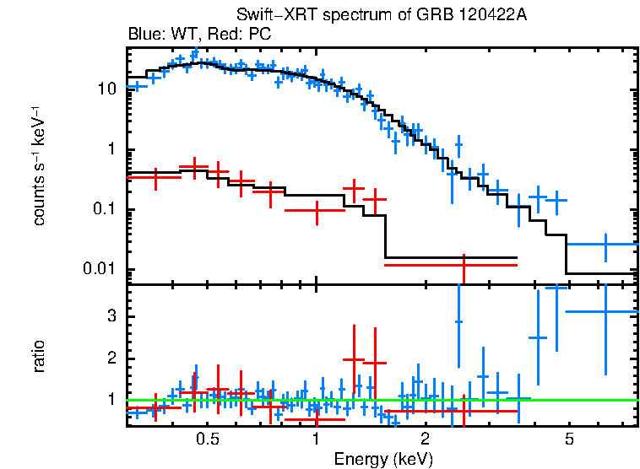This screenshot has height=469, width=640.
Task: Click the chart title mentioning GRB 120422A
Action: [x=382, y=16]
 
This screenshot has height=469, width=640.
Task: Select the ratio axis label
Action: [x=39, y=356]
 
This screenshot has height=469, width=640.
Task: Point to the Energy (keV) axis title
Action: [x=383, y=459]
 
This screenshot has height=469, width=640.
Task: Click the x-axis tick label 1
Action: [x=316, y=440]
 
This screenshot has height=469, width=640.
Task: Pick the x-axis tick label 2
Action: [x=425, y=440]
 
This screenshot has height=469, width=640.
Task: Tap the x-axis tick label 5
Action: [x=569, y=440]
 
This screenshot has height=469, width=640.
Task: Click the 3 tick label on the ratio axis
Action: [x=113, y=315]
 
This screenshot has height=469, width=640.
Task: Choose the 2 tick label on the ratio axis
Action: [x=113, y=358]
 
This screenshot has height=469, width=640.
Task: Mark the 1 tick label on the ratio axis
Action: [x=113, y=400]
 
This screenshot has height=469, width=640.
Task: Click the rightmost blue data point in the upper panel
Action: [x=605, y=245]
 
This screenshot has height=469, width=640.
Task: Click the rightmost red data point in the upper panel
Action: [x=463, y=265]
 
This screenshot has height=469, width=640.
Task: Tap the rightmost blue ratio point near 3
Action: [x=605, y=311]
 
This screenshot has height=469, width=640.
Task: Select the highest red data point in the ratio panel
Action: [x=353, y=359]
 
